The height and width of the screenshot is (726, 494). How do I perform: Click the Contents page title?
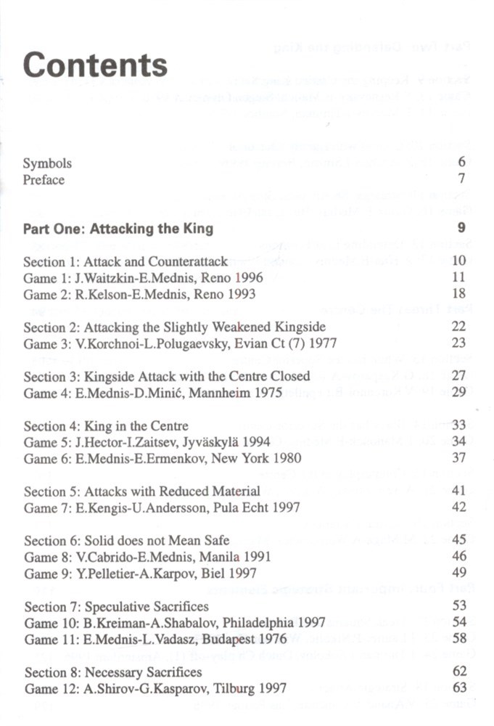coord(95,65)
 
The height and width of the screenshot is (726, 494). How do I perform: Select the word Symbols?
coord(47,163)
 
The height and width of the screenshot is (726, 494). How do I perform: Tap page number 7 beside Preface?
coord(461,179)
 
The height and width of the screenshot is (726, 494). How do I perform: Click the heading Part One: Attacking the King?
coord(118,229)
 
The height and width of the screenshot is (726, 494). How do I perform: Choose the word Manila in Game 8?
coord(218,558)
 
